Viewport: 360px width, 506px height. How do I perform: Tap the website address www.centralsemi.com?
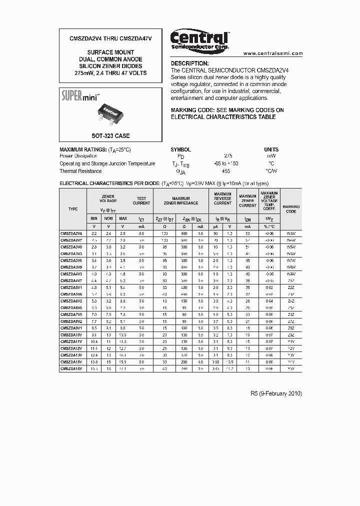(x=273, y=53)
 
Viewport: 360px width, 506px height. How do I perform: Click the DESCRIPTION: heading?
(x=189, y=63)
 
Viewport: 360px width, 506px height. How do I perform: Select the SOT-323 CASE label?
(x=110, y=136)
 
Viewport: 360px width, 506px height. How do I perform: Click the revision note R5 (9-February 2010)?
(x=276, y=393)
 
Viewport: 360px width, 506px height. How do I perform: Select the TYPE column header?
(x=73, y=209)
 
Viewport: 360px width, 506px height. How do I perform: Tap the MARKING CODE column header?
(x=291, y=209)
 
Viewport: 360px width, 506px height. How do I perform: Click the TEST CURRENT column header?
(x=141, y=200)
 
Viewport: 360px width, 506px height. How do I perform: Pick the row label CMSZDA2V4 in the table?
(x=73, y=233)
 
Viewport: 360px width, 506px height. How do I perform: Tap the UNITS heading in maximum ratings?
(x=271, y=149)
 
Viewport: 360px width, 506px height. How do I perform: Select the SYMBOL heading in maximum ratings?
(x=180, y=149)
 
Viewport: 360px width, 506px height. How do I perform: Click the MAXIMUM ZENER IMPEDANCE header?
(x=181, y=200)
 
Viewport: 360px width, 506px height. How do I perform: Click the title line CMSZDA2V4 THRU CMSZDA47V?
(x=110, y=38)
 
